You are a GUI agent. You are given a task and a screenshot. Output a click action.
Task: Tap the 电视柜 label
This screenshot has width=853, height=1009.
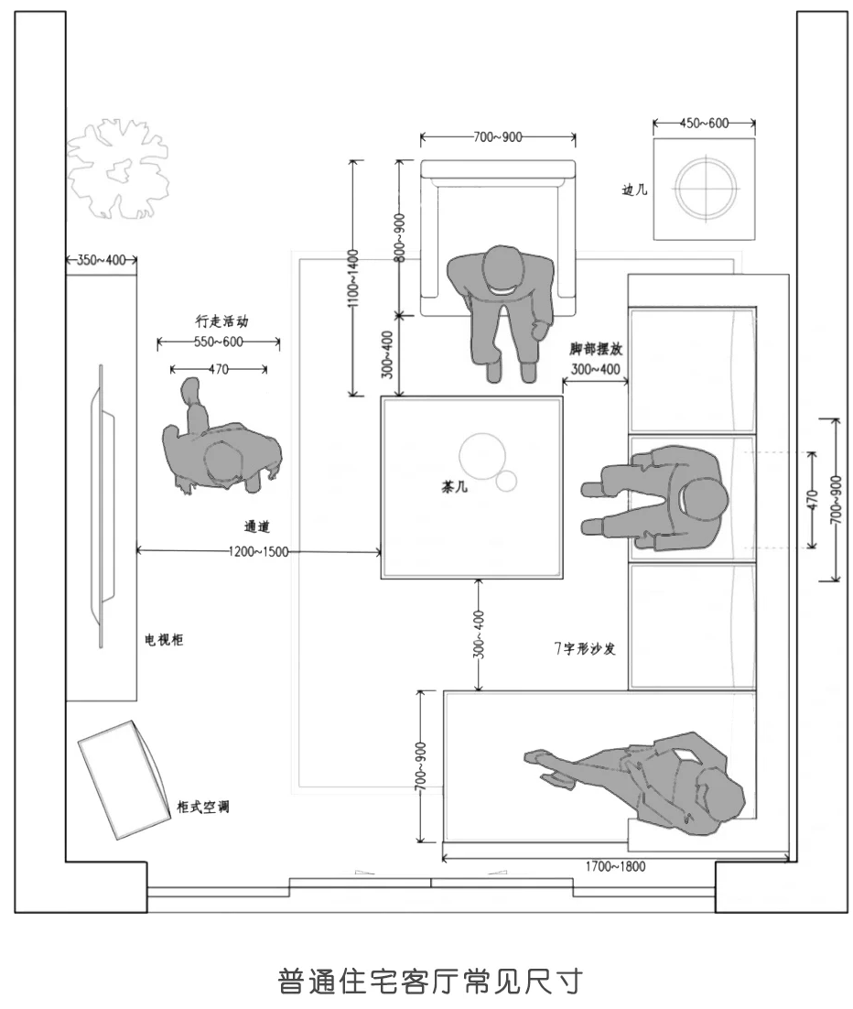pos(165,640)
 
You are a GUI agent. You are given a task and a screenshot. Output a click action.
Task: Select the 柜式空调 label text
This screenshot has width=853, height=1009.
pos(203,808)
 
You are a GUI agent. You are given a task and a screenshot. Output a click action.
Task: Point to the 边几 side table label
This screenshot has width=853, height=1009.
pos(634,190)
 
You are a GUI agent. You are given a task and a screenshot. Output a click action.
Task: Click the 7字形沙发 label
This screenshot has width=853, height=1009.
pos(585,648)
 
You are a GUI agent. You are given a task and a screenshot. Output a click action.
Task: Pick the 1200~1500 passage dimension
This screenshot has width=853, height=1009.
pos(260,551)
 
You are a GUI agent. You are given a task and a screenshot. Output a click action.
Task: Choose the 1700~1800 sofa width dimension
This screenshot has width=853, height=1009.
pos(614,866)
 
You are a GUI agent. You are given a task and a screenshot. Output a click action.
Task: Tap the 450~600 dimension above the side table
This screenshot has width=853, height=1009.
pos(704,124)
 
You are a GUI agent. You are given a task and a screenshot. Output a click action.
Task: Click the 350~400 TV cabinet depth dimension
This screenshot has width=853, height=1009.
pos(101,260)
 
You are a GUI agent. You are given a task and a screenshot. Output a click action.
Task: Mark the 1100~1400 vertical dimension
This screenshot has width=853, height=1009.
pos(353,278)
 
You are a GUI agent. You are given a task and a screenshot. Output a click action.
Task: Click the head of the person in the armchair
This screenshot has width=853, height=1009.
pos(500,269)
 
